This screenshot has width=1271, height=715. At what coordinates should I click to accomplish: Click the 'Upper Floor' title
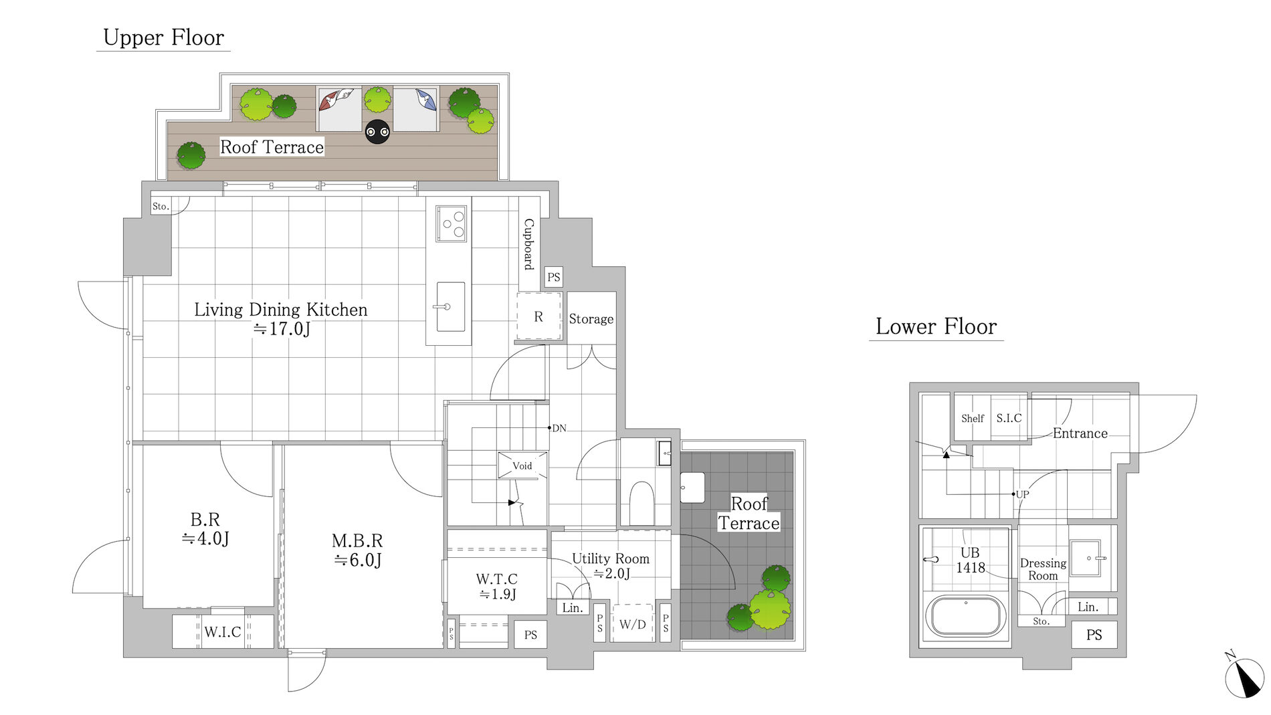[163, 38]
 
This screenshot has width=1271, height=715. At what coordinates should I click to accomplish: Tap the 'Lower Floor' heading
[936, 326]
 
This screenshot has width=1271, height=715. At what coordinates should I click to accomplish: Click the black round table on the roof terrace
[377, 132]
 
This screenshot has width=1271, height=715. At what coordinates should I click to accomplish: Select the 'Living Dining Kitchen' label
[281, 310]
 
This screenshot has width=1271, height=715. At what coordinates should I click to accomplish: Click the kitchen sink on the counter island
[450, 307]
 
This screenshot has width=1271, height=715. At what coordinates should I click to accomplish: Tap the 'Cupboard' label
[529, 244]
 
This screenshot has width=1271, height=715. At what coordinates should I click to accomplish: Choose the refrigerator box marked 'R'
[539, 316]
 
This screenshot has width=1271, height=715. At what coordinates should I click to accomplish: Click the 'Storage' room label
[591, 319]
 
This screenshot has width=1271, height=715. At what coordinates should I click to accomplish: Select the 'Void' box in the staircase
[522, 466]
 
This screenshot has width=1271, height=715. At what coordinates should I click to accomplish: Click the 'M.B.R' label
[357, 540]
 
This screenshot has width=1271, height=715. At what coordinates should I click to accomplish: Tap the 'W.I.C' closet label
[222, 632]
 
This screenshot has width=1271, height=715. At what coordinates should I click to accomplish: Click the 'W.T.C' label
[496, 579]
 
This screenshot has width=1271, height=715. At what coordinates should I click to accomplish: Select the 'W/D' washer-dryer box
[632, 624]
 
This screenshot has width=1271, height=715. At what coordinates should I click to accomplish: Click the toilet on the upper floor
[642, 503]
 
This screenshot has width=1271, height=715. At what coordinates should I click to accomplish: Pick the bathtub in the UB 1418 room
[965, 616]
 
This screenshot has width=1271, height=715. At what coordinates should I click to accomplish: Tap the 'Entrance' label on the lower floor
[1080, 433]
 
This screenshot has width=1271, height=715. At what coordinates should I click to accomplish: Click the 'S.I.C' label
[1009, 419]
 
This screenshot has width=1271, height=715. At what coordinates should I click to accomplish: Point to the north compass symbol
[1244, 678]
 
